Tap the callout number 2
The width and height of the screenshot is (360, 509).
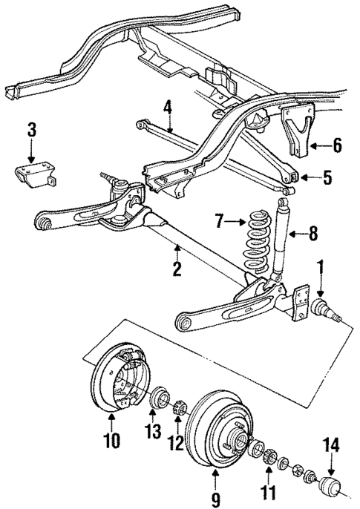pyautogui.click(x=177, y=269)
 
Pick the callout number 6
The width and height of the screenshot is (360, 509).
pyautogui.click(x=337, y=146)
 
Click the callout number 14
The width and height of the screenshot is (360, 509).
pyautogui.click(x=331, y=445)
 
